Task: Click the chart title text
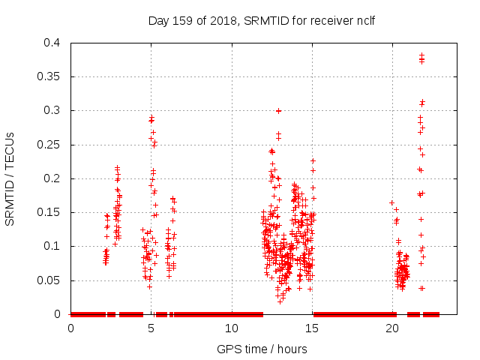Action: pos(261,20)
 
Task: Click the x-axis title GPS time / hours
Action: pos(262,349)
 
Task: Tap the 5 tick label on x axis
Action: pos(151,328)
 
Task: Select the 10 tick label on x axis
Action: pos(232,328)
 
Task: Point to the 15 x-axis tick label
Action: pos(312,328)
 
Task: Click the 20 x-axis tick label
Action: pos(392,328)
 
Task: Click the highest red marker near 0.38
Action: pos(421,55)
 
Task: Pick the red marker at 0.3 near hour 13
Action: pos(278,110)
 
